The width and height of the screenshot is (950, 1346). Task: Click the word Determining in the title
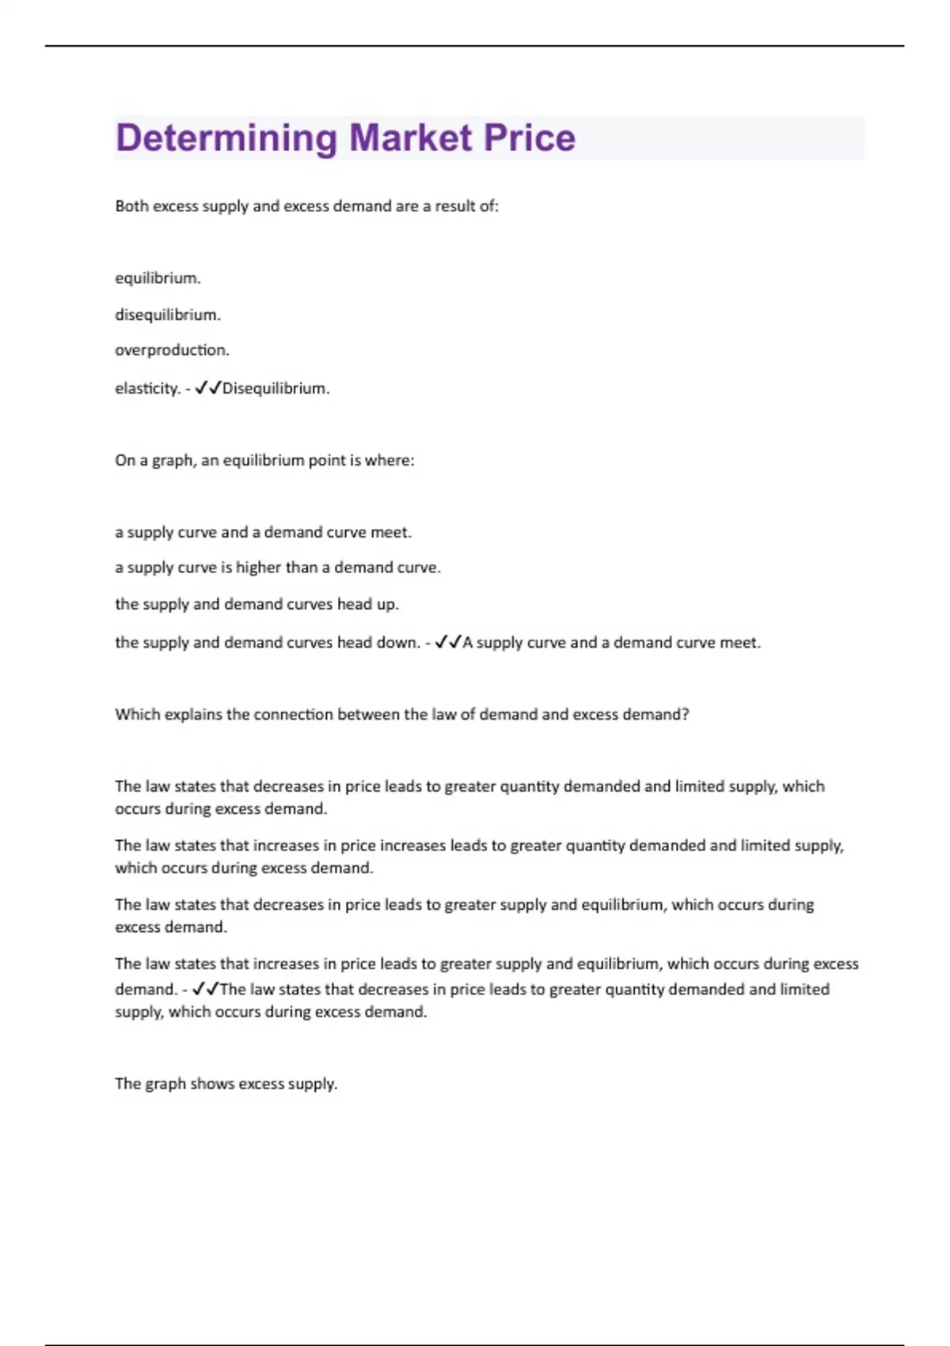point(226,139)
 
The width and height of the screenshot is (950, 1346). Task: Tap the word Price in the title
point(529,138)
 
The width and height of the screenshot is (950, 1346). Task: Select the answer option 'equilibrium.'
point(158,278)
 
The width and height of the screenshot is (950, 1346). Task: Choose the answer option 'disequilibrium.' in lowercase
point(168,314)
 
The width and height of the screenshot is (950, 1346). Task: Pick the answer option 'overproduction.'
point(172,350)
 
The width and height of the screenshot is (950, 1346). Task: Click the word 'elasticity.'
point(147,388)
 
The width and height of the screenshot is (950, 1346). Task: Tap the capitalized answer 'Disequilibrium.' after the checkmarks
point(275,388)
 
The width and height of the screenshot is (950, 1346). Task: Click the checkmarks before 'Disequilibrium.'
point(207,388)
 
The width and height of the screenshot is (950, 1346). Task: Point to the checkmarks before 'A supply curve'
point(448,642)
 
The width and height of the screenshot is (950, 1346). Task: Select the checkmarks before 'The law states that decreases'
point(206,989)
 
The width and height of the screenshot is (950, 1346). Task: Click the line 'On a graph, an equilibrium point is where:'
point(264,460)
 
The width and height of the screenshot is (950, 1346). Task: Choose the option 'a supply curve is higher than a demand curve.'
point(278,568)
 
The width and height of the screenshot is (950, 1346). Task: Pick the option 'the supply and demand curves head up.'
point(256,604)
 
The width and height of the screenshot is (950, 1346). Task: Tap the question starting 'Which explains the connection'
point(401,714)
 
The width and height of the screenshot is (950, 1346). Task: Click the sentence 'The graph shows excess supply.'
point(226,1083)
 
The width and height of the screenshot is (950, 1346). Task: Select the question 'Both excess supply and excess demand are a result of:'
point(306,206)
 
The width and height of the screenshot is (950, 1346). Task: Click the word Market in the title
point(410,138)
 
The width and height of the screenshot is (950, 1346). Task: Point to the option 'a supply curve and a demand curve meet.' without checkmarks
point(263,532)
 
